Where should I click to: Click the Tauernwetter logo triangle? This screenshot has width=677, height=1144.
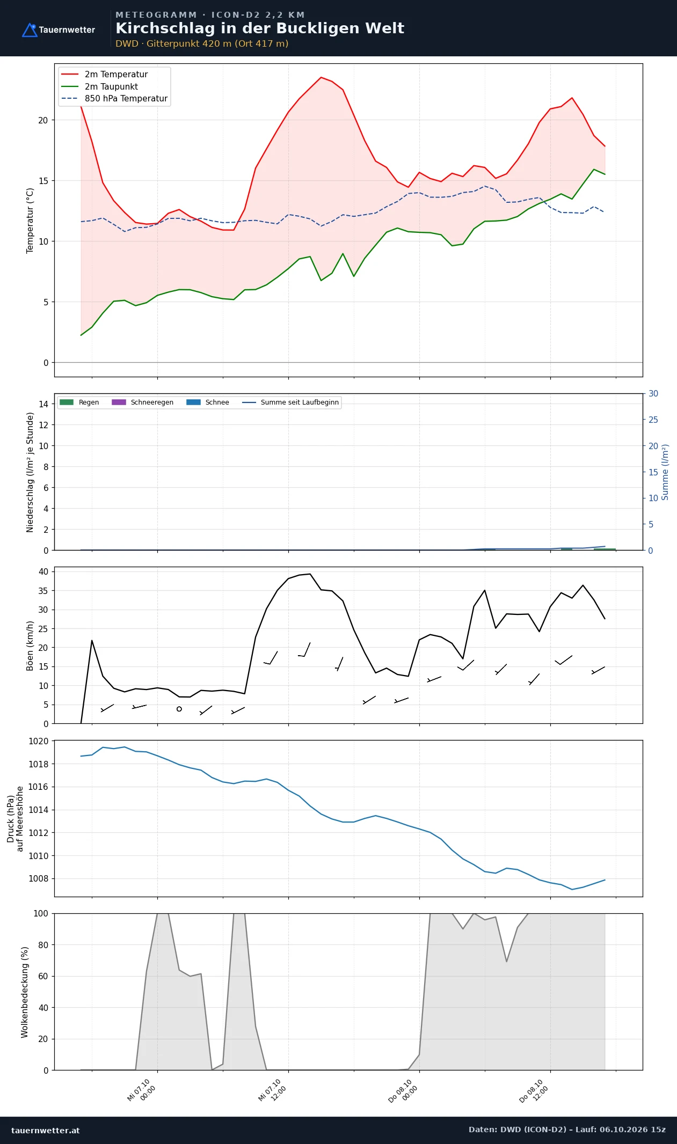30,30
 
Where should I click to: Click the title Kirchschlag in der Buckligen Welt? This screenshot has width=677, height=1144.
260,28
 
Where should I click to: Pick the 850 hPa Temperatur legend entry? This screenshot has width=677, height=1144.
114,99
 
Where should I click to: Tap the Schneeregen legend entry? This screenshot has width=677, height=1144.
142,402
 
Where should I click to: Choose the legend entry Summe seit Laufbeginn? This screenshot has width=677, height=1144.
290,402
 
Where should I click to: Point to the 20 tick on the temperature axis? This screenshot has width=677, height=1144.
43,120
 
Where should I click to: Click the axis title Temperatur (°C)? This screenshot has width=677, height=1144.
30,221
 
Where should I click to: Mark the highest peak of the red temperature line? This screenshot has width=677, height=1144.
321,77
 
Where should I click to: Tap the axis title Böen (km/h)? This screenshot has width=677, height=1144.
30,646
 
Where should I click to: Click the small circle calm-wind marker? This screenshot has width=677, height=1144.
179,709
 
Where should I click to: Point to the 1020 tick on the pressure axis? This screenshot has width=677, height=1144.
38,741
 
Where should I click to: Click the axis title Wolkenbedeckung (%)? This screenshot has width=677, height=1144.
25,992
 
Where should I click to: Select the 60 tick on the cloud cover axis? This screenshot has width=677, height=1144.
43,976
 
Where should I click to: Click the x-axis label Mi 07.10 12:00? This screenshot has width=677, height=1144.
273,1090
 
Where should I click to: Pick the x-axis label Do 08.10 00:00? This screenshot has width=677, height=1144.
403,1091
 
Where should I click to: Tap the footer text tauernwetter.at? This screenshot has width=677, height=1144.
46,1130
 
